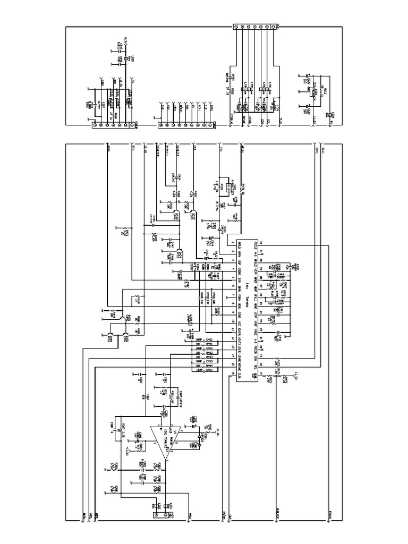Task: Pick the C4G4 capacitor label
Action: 209,371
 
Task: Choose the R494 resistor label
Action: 209,366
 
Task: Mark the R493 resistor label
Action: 209,357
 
